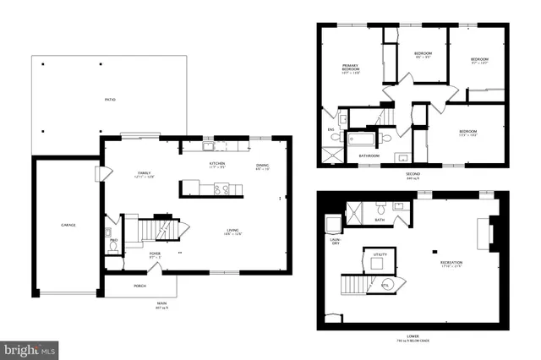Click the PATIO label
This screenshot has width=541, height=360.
click(x=111, y=100)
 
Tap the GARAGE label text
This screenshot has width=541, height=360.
click(x=68, y=225)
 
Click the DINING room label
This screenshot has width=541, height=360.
click(x=262, y=166)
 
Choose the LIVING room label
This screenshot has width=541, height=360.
click(x=232, y=232)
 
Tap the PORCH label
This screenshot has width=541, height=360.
click(x=139, y=286)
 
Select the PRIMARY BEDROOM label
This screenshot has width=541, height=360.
click(x=350, y=69)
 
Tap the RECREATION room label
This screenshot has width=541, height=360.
click(x=451, y=264)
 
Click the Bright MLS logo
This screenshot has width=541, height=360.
click(x=30, y=347)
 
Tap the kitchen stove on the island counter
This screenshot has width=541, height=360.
click(x=221, y=188)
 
